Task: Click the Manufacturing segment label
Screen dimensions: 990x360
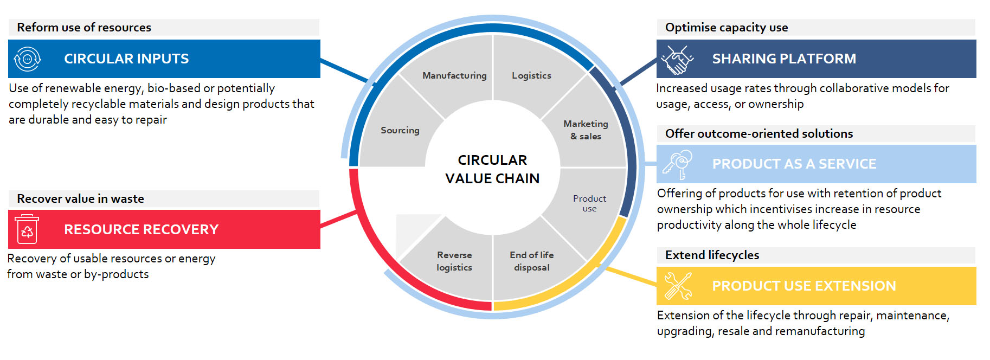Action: coord(454,76)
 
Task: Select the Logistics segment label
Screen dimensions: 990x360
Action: coord(531,76)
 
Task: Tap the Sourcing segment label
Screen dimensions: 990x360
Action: coord(400,131)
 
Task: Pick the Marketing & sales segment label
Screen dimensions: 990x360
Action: coord(586,130)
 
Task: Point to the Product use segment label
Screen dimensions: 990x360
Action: coord(589,203)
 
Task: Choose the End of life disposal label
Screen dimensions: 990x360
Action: coord(532,261)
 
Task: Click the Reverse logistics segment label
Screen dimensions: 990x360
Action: coord(454,261)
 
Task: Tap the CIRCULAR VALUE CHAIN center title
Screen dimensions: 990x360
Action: coord(492,169)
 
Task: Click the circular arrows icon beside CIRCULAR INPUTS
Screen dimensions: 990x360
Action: coord(28,59)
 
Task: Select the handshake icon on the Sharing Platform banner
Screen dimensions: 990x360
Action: coord(678,59)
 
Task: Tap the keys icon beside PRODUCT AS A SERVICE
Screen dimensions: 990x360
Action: coord(678,164)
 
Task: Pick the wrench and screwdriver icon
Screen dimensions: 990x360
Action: coord(678,286)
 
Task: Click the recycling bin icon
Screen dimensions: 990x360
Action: coord(27,229)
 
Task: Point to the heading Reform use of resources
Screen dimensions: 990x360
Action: coord(84,28)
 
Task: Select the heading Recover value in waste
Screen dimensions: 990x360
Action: coord(81,199)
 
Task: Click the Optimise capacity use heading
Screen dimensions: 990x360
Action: coord(727,28)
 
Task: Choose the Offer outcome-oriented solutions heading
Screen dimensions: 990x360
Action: coord(759,134)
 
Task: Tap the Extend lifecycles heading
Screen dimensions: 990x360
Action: coord(712,255)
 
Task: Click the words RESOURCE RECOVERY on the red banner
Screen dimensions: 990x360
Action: coord(142,229)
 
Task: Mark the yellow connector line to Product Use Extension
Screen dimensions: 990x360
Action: coord(631,276)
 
